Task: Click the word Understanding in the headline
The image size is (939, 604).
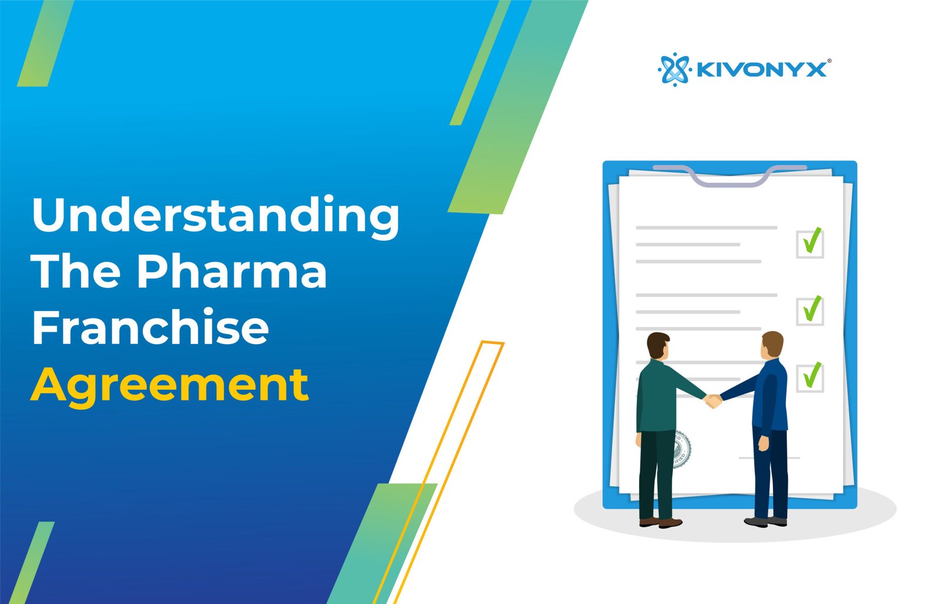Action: pos(215,217)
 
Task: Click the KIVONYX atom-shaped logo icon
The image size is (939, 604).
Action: pos(674,70)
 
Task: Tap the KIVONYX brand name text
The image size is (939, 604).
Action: pos(761,70)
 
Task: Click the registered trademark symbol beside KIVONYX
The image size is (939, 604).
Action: pos(829,61)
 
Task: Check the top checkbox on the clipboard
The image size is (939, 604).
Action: pos(810,244)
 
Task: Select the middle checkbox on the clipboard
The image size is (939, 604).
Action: pos(810,311)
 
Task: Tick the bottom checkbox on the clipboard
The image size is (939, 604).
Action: pos(810,378)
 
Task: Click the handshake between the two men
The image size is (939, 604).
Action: pos(712,401)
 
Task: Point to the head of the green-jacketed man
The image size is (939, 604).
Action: pos(658,346)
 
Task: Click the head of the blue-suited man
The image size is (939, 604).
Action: pos(772,345)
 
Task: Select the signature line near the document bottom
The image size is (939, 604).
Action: pos(769,458)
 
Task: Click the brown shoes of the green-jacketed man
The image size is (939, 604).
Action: pos(661,522)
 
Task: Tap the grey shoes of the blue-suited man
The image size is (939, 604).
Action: pos(765,521)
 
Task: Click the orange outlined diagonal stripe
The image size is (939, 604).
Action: pos(438,473)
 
